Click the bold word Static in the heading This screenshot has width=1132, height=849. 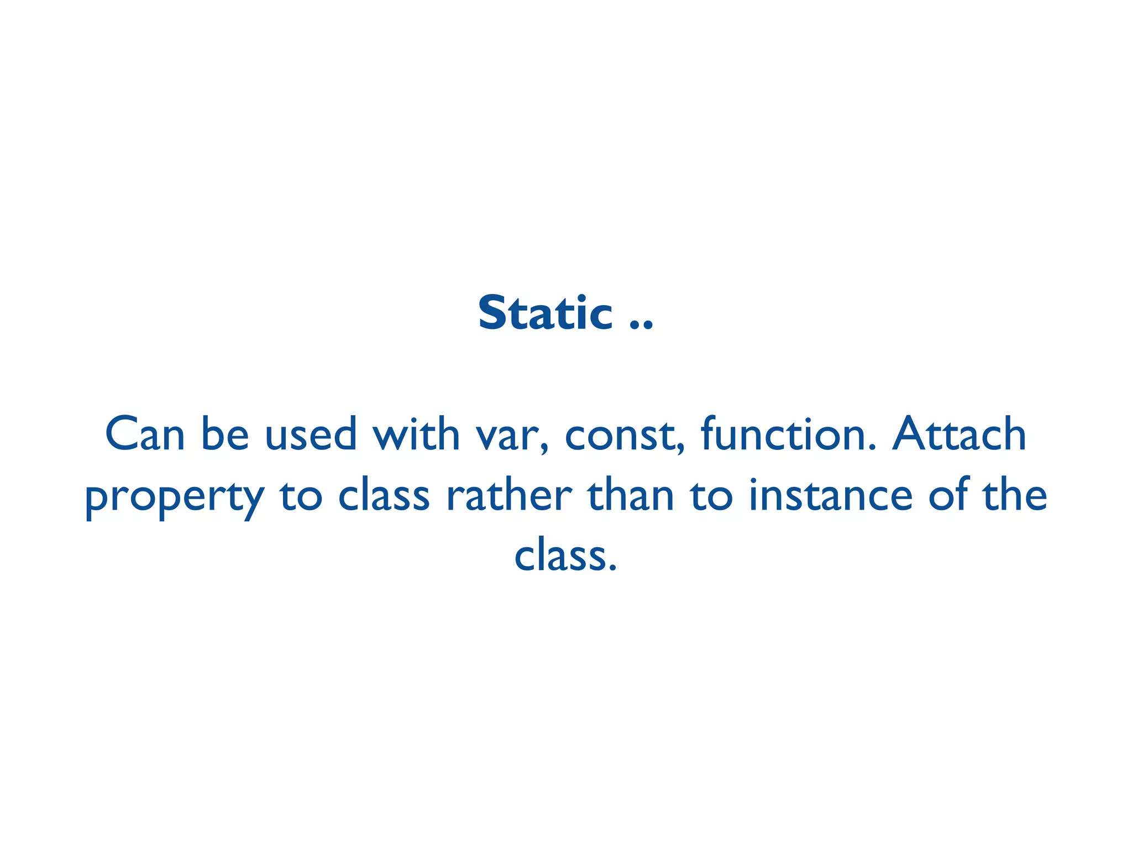click(545, 313)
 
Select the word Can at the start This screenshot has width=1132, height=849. click(145, 434)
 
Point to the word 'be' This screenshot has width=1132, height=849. click(225, 434)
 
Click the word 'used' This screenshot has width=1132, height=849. click(311, 434)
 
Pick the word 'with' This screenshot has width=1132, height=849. click(416, 434)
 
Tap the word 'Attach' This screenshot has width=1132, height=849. click(960, 434)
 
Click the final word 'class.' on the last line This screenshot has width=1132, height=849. click(565, 556)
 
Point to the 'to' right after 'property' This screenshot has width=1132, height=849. click(301, 496)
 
